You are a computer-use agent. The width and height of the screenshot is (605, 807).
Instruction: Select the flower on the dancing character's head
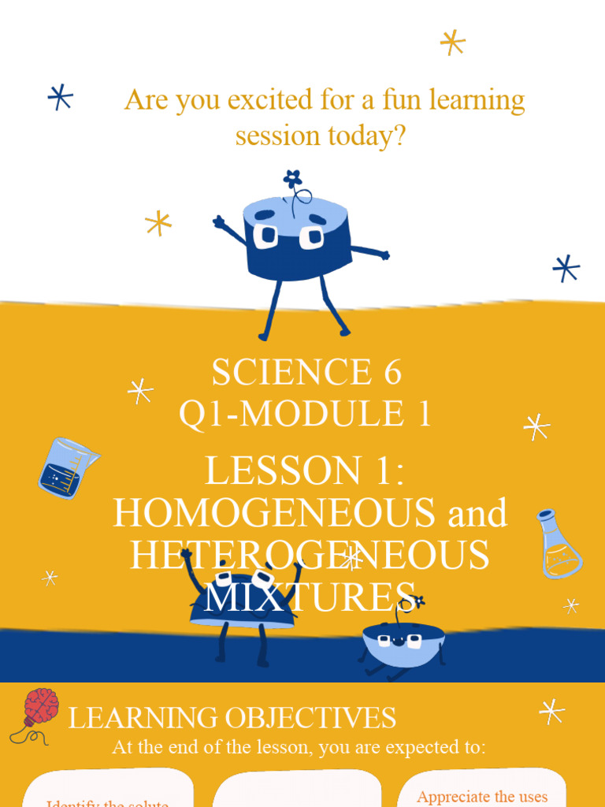click(292, 179)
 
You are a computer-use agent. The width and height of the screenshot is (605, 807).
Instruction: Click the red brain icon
click(40, 706)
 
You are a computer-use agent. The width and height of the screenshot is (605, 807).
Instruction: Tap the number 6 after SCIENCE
click(392, 372)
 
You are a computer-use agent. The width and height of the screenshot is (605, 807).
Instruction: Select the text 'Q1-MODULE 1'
click(306, 414)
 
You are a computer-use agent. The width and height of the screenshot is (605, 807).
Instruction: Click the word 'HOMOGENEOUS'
click(274, 514)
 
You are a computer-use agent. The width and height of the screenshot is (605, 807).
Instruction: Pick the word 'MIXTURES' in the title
click(309, 597)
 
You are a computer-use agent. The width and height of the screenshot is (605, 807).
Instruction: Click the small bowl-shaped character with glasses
click(403, 640)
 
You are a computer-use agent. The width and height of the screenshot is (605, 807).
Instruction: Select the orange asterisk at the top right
click(452, 42)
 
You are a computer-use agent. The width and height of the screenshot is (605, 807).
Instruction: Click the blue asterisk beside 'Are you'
click(60, 97)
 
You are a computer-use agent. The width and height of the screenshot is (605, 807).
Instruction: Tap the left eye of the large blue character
click(265, 235)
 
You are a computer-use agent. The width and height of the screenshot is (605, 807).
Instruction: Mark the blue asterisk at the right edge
click(566, 268)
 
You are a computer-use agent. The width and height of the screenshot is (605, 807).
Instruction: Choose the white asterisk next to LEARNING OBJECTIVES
click(551, 711)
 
